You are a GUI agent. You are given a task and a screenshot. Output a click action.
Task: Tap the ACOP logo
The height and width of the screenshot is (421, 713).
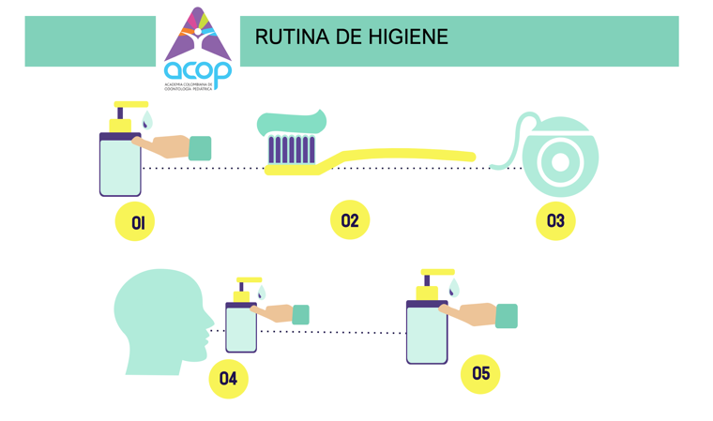pyautogui.click(x=197, y=49)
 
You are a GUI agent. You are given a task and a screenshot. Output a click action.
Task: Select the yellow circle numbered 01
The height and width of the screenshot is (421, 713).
pyautogui.click(x=135, y=222)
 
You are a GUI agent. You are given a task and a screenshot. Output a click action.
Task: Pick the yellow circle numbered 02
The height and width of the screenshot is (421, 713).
pyautogui.click(x=350, y=220)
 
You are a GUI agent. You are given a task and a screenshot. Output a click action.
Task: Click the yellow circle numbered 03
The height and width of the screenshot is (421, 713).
pyautogui.click(x=555, y=221)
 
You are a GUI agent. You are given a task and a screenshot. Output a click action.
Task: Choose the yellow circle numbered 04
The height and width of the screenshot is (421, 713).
pyautogui.click(x=228, y=379)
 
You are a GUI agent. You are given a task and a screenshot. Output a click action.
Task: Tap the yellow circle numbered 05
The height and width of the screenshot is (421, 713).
pyautogui.click(x=480, y=374)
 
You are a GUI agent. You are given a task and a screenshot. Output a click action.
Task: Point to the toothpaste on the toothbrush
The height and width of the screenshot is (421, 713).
pyautogui.click(x=293, y=123)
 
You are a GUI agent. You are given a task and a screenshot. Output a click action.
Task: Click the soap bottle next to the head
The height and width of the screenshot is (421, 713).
pyautogui.click(x=241, y=327)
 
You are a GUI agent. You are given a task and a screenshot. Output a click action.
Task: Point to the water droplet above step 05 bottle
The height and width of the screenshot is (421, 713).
pyautogui.click(x=454, y=287)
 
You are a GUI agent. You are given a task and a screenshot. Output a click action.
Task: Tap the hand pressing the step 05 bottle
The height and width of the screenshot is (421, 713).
pyautogui.click(x=468, y=315)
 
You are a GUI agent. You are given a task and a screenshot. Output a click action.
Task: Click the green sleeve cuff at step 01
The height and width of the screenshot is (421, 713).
pyautogui.click(x=200, y=148)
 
